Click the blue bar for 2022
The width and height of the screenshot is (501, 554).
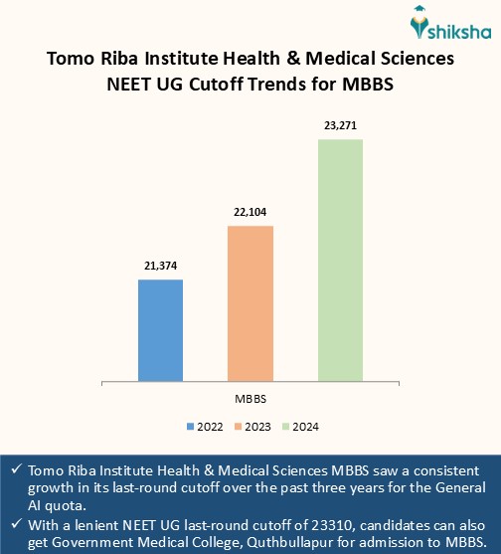tap(160, 329)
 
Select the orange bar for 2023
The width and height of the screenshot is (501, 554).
tap(250, 303)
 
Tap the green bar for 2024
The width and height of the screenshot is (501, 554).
tap(340, 260)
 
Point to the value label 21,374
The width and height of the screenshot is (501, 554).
tap(160, 267)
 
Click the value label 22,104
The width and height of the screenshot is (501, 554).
tap(250, 213)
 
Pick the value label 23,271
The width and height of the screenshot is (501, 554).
tap(340, 126)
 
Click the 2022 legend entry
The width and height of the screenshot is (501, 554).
tap(205, 426)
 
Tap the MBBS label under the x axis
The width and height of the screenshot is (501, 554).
tap(250, 398)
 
